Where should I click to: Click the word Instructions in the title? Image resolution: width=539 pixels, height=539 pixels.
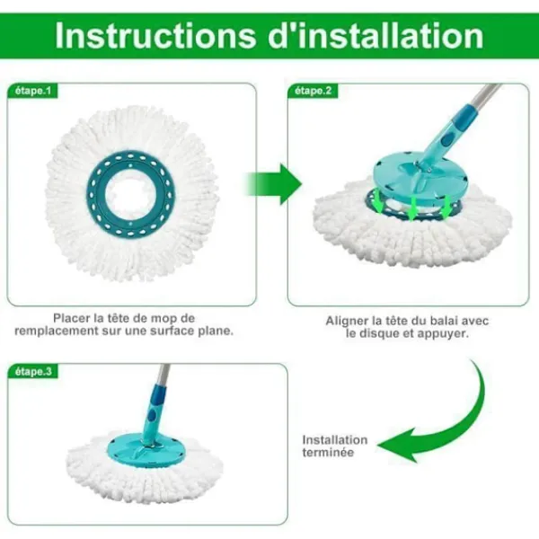(x=155, y=36)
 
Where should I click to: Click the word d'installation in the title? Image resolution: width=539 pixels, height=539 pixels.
(x=376, y=36)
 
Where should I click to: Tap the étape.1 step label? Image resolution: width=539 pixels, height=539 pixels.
(x=33, y=91)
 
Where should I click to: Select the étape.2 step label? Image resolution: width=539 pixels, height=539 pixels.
(x=314, y=91)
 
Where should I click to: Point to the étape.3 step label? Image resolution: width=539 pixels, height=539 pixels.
(x=33, y=372)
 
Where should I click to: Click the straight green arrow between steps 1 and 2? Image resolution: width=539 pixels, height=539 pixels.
(x=273, y=184)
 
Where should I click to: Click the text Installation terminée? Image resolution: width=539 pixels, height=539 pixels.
(x=335, y=446)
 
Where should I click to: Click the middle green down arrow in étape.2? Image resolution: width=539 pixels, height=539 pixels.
(x=412, y=208)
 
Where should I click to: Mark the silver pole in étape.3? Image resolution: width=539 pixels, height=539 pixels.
(x=163, y=375)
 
